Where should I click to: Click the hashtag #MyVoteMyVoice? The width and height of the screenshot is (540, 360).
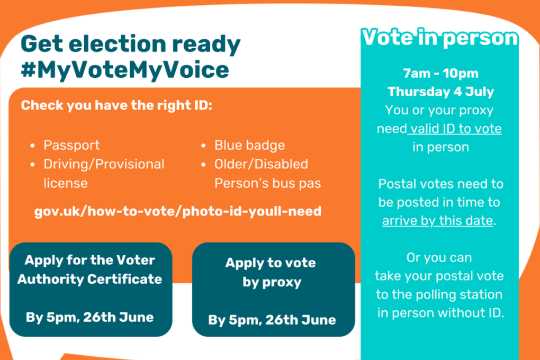point(125,70)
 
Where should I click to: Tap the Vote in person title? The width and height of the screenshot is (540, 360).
point(439,38)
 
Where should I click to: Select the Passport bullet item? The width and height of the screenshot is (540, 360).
point(71,145)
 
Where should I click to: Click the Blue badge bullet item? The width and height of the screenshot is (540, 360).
point(249,145)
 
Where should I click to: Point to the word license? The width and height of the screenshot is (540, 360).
point(66,183)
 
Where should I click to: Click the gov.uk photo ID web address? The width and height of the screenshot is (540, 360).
point(178,211)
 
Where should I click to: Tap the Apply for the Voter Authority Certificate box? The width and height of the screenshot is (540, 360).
point(90,289)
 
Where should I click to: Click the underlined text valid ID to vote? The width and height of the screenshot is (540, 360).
point(454,129)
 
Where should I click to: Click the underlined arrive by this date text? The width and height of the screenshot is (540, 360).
point(437,221)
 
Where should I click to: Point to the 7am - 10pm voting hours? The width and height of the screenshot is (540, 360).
point(440,74)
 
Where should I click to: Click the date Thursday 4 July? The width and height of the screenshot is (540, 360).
point(440,92)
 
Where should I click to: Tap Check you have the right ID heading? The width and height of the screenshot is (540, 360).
point(116,105)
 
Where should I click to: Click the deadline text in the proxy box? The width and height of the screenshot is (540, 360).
point(272,320)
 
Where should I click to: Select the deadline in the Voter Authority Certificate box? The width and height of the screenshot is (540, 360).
point(90,317)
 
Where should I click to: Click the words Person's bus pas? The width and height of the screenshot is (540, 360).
point(267,183)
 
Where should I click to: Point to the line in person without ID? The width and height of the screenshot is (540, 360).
point(440,312)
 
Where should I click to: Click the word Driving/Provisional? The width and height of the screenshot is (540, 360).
point(104,164)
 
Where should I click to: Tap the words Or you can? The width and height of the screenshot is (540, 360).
point(439,258)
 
